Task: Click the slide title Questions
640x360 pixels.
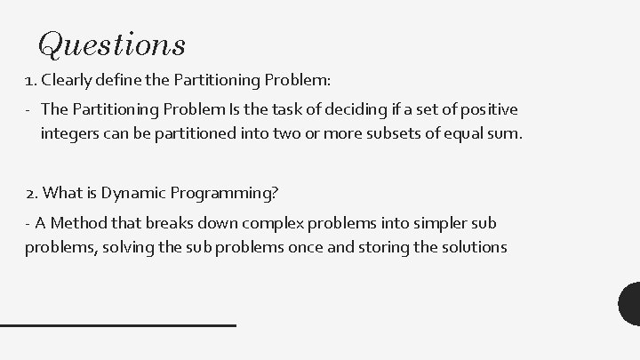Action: pyautogui.click(x=112, y=43)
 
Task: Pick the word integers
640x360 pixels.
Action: pyautogui.click(x=70, y=134)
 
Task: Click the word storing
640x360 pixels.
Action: pyautogui.click(x=360, y=246)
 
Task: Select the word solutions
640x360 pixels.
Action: pyautogui.click(x=464, y=246)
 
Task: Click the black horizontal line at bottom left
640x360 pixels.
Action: pyautogui.click(x=117, y=325)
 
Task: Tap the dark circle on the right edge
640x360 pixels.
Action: pyautogui.click(x=630, y=302)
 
